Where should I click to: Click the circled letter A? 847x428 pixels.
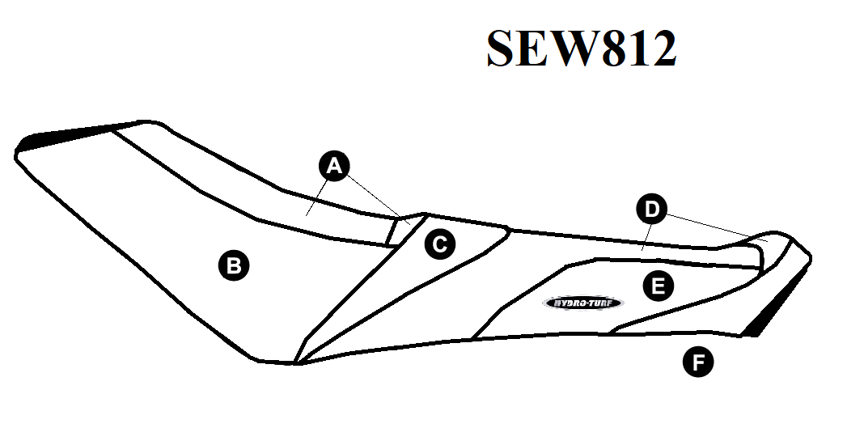point(334,166)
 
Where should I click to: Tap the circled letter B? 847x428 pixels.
point(233,265)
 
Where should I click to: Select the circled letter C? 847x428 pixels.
point(440,244)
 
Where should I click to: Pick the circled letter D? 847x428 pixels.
point(652,209)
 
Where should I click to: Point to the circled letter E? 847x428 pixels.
point(658,286)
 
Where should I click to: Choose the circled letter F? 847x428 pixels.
point(698,362)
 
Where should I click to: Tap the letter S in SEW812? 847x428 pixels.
point(506,48)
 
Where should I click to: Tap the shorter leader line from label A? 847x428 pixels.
point(317,197)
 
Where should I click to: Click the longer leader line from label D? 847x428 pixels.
point(718,227)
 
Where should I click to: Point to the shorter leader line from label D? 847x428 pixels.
point(646,237)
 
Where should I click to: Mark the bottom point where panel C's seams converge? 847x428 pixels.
point(295,362)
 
